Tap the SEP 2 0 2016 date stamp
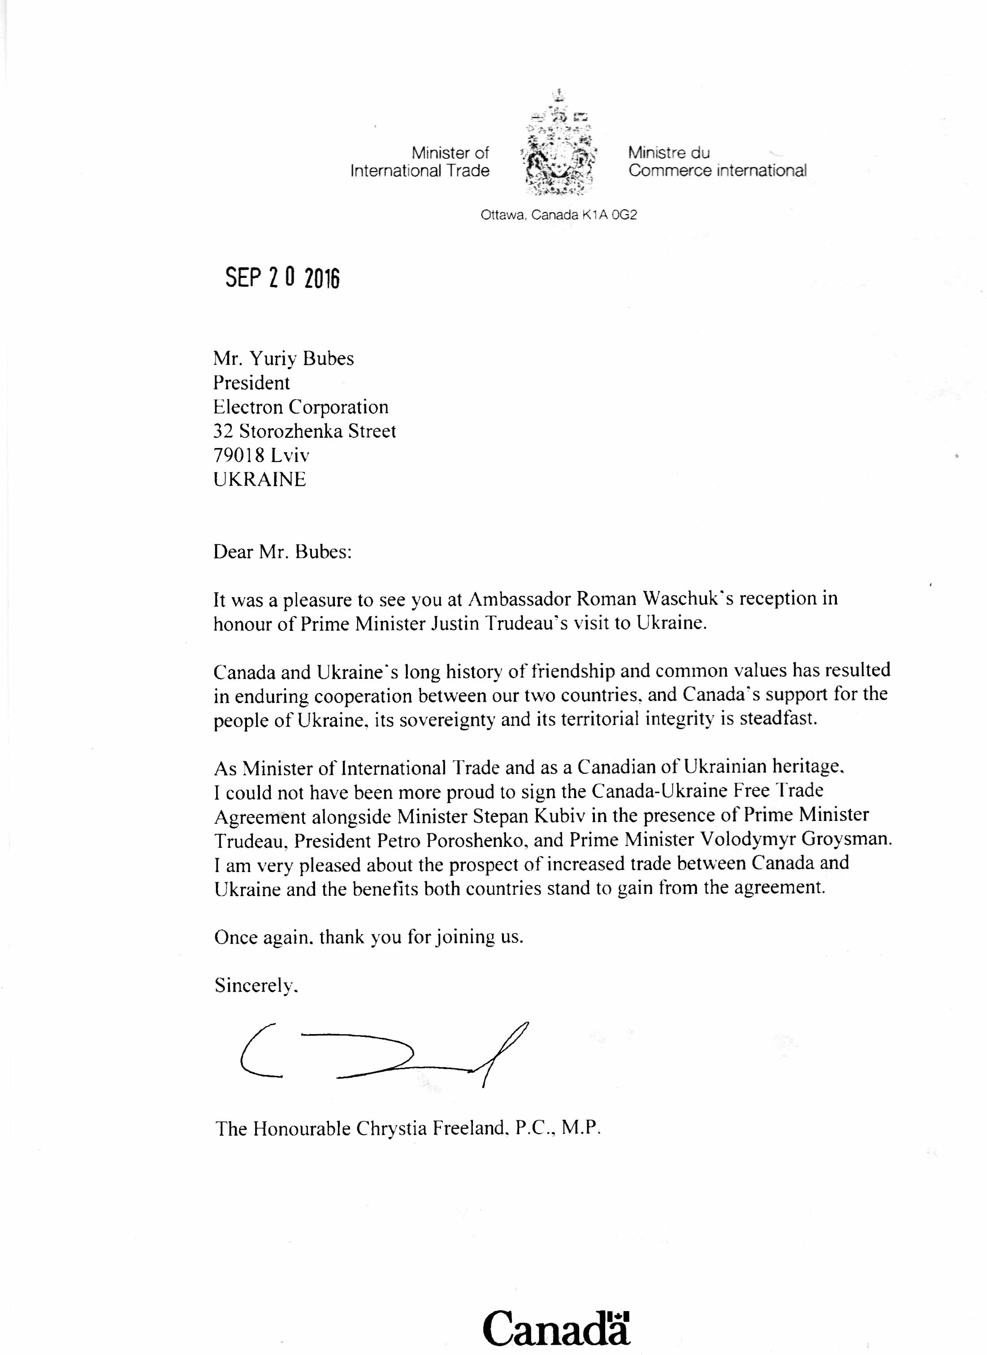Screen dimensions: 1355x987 pyautogui.click(x=282, y=278)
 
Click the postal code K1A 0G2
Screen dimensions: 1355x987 pyautogui.click(x=609, y=215)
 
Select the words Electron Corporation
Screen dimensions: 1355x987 pyautogui.click(x=300, y=407)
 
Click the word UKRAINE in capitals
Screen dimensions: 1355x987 pyautogui.click(x=259, y=480)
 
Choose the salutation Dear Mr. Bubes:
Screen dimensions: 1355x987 pyautogui.click(x=282, y=552)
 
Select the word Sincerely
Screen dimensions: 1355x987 pyautogui.click(x=255, y=985)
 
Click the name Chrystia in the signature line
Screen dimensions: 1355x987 pyautogui.click(x=391, y=1129)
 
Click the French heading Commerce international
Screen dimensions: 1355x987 pyautogui.click(x=717, y=171)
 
